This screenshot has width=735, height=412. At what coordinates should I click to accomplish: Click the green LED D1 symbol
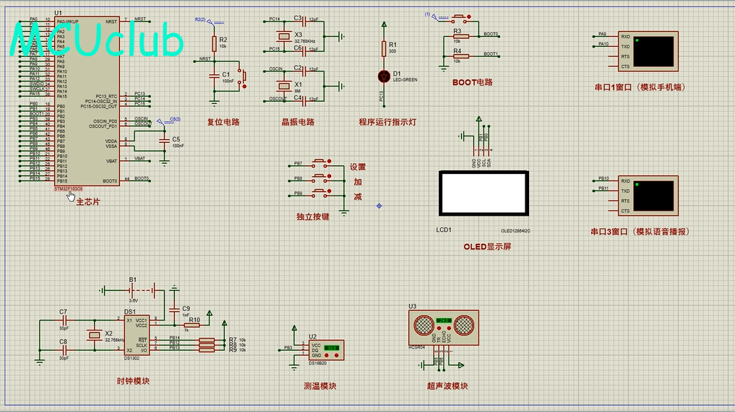coord(384,75)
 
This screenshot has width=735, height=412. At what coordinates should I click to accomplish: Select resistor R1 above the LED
coord(384,48)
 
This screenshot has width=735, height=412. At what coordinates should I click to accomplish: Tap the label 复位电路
coord(223,122)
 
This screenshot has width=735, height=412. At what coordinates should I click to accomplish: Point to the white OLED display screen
coord(483,193)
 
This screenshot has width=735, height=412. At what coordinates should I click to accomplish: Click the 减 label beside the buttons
coord(358,197)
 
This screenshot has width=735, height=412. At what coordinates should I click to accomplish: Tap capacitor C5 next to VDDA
coord(166,141)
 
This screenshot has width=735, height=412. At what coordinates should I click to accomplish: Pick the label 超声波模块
coord(447,386)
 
